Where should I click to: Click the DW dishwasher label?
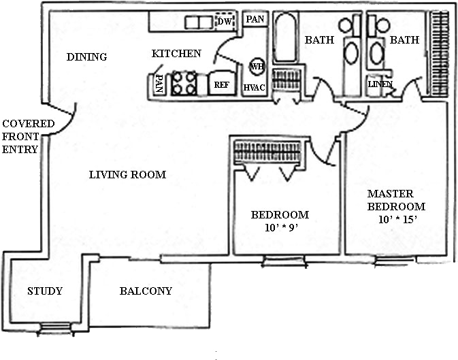tap(225, 21)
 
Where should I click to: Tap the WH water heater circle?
tap(257, 66)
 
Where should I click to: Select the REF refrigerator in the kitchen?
tap(222, 83)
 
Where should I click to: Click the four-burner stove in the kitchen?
tap(184, 83)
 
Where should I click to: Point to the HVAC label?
tap(254, 87)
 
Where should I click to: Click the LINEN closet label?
tap(380, 84)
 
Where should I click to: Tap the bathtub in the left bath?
tap(286, 37)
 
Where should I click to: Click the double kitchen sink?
tap(199, 22)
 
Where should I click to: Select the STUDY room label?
tap(45, 291)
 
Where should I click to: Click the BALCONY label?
tap(146, 291)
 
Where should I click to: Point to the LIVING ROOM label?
tap(127, 175)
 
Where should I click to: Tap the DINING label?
tap(86, 56)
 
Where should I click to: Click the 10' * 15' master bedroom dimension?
tap(397, 219)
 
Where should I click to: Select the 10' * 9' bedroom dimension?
tap(281, 227)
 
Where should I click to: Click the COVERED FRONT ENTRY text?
tap(29, 137)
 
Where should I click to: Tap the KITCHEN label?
tap(176, 54)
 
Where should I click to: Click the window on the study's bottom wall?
tap(55, 327)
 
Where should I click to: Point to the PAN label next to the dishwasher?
tap(255, 19)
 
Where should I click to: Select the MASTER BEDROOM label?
tap(396, 200)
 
